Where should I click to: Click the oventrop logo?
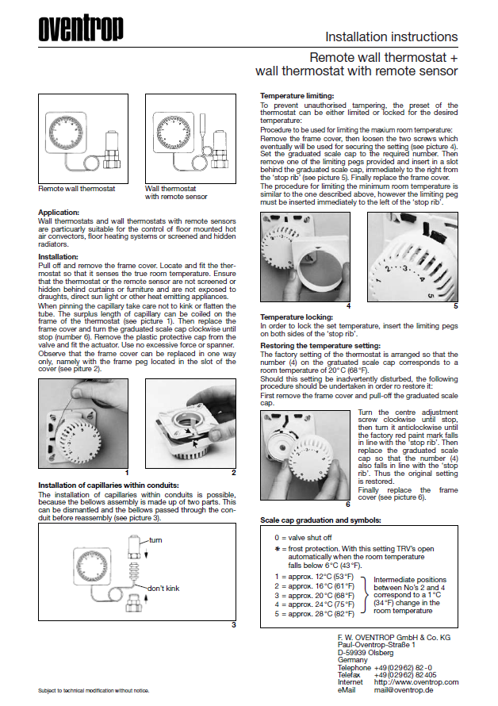coord(81,29)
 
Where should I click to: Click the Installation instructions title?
coord(392,37)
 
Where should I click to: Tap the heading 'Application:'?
coord(59,213)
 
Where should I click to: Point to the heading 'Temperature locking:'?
coord(293,317)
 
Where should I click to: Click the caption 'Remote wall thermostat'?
coord(77,189)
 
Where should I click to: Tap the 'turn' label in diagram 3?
coord(155,540)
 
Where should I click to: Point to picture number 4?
coord(349,305)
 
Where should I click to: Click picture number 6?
coord(347,504)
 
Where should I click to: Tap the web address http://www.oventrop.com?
coord(416,682)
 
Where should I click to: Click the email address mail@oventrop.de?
coord(409,689)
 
